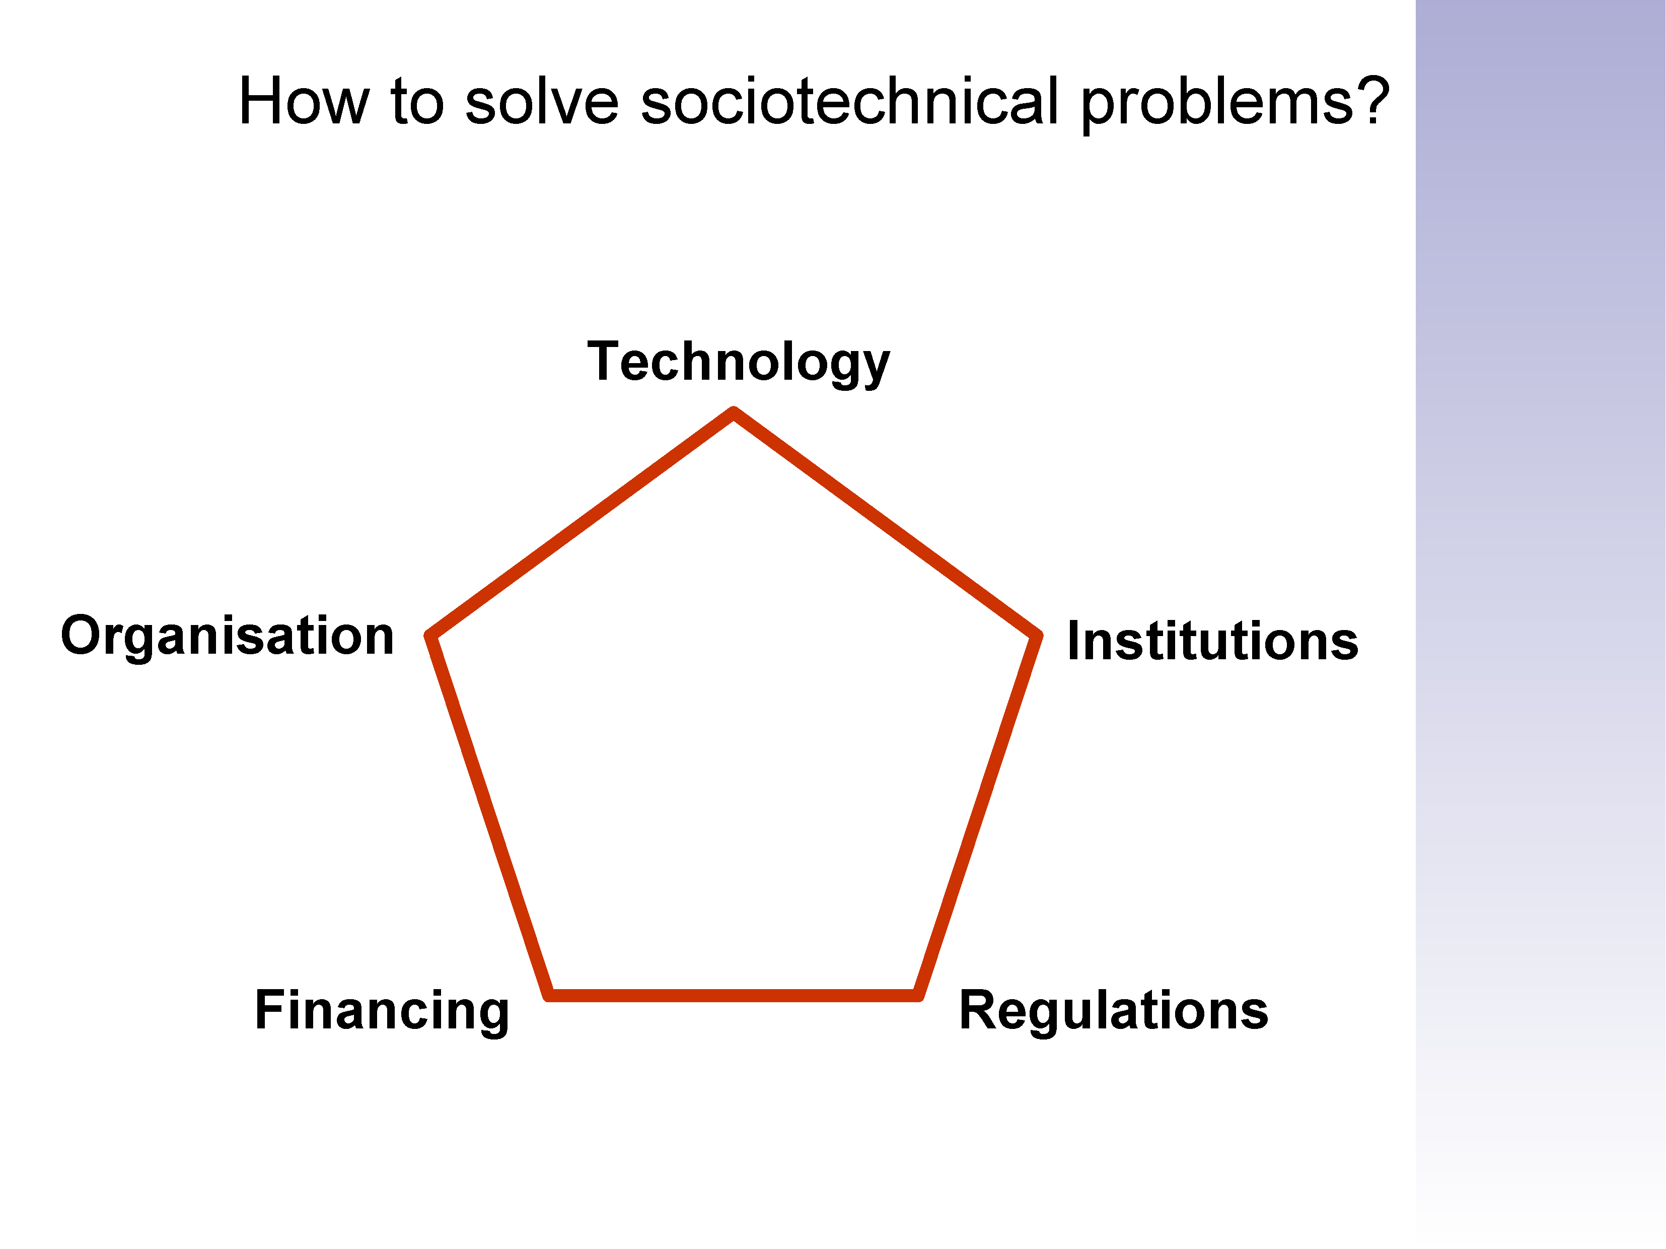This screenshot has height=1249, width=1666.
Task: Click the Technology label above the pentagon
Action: click(x=738, y=363)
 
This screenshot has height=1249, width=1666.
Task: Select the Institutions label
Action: click(x=1212, y=641)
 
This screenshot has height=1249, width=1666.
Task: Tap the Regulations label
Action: click(x=1113, y=1010)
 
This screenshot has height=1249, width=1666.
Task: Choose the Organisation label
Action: click(x=228, y=637)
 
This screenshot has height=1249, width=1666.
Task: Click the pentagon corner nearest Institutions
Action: click(x=1037, y=635)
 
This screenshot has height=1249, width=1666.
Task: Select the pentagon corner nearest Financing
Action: click(x=549, y=995)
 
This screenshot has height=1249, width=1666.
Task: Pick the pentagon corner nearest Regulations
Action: click(x=918, y=995)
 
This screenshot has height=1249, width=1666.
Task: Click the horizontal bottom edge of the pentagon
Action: click(x=734, y=996)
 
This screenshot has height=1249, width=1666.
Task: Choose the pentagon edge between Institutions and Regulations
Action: click(x=978, y=815)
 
